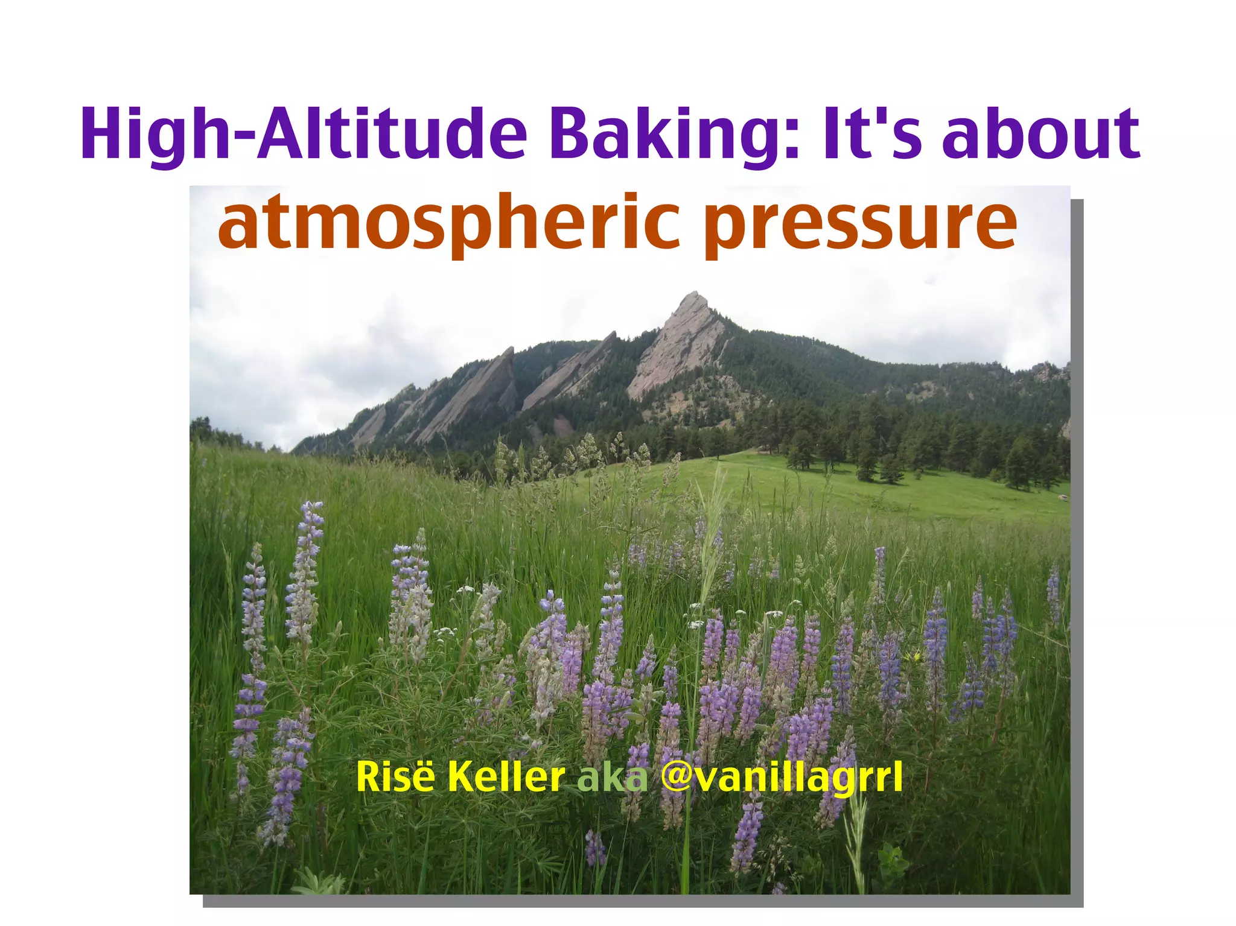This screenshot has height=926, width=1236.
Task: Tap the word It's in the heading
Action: pyautogui.click(x=872, y=134)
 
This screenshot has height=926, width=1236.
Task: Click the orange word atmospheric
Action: pyautogui.click(x=450, y=223)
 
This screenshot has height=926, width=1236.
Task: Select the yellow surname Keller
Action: pyautogui.click(x=506, y=777)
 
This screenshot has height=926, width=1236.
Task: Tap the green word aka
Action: pyautogui.click(x=612, y=778)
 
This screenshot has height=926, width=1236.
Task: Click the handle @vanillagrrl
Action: pyautogui.click(x=782, y=778)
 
